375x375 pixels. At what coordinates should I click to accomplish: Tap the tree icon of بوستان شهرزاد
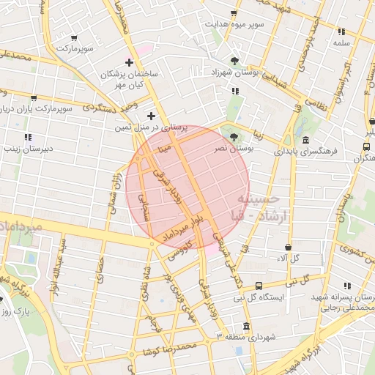(234, 61)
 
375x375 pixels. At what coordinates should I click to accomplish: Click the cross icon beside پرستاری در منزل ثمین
(151, 116)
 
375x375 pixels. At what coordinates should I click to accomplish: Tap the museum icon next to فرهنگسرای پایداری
(305, 141)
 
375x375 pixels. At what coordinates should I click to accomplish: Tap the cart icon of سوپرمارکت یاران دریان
(34, 97)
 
